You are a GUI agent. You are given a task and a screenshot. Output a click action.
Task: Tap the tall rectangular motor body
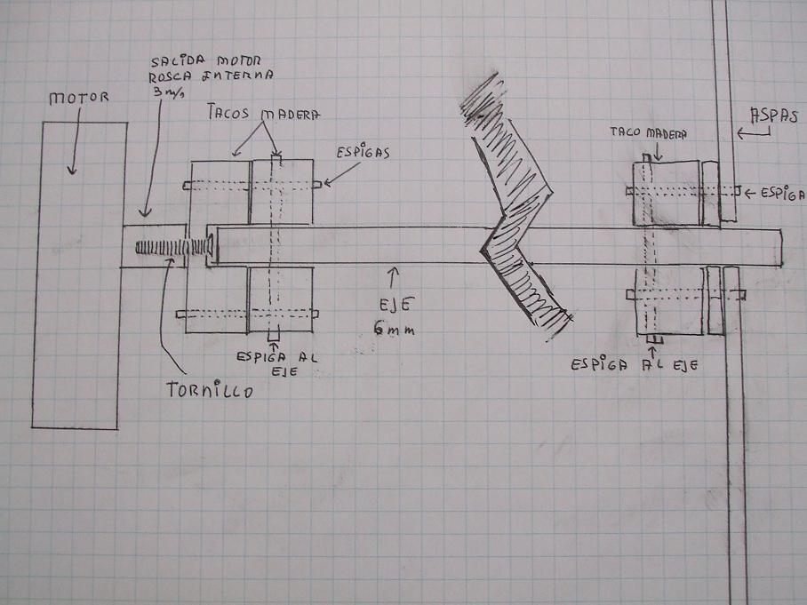click(x=78, y=275)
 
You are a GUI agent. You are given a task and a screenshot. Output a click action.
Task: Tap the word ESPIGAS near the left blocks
click(x=361, y=153)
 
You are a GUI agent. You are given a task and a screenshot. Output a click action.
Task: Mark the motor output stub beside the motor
click(x=153, y=244)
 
